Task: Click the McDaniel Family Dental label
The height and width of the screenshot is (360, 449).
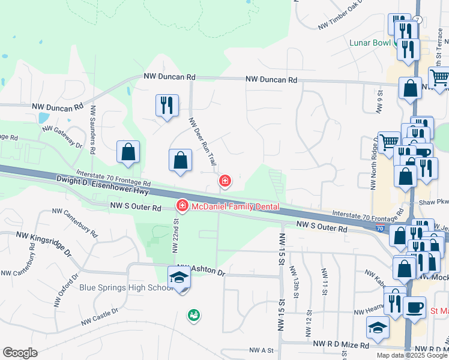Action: click(235, 206)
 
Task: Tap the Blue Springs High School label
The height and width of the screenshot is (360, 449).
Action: click(127, 287)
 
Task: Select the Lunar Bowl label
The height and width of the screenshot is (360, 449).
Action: click(371, 43)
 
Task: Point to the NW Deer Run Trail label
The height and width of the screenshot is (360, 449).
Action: click(202, 142)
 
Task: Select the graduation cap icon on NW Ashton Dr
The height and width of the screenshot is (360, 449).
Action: click(179, 278)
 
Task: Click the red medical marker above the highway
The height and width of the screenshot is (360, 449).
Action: click(225, 180)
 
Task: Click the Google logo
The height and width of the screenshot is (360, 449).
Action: click(20, 353)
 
